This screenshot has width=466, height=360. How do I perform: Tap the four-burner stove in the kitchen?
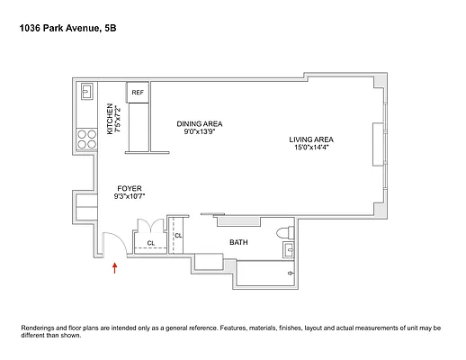tap(87, 139)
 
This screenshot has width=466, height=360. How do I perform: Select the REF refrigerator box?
tap(138, 93)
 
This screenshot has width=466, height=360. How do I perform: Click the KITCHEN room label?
tap(111, 118)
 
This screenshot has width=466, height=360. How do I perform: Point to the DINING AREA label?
tap(199, 123)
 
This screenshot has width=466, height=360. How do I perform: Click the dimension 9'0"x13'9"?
tap(199, 132)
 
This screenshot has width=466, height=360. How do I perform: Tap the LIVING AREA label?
tap(311, 139)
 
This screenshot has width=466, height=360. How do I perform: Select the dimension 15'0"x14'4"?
tap(311, 148)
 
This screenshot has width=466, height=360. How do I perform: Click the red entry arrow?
tap(115, 272)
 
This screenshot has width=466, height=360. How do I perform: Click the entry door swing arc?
tap(110, 243)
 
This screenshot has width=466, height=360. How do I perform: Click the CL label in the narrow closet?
tap(178, 236)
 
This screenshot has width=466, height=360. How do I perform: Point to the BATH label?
tap(238, 242)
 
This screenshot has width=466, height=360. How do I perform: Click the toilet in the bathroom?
tap(287, 232)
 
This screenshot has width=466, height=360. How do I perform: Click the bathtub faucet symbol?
tap(290, 271)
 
